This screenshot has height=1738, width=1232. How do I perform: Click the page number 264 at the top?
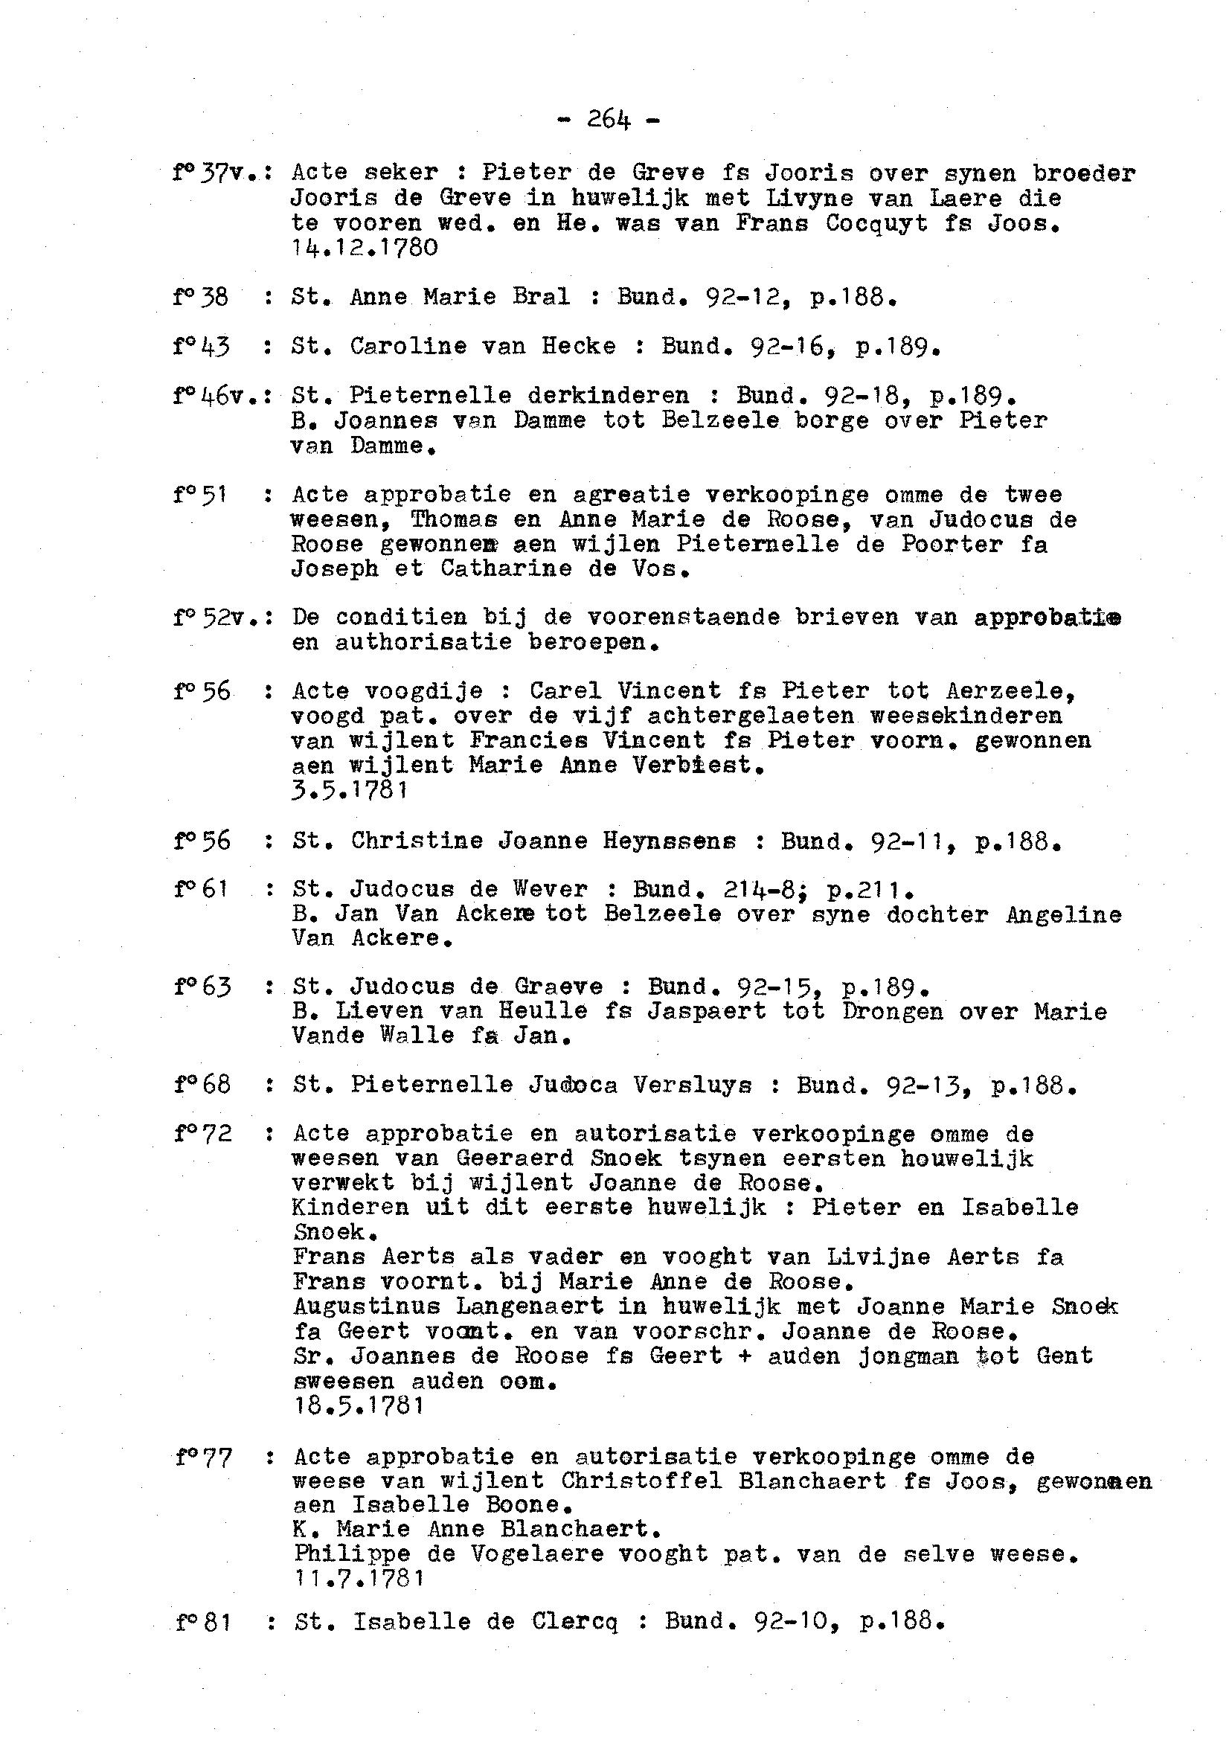pos(609,121)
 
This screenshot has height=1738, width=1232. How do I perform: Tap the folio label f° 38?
pos(200,297)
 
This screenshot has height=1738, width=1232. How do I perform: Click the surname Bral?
pos(541,297)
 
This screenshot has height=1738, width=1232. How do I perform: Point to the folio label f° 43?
pos(200,346)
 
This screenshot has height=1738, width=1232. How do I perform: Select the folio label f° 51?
pos(200,495)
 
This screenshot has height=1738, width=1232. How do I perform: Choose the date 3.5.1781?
pos(350,790)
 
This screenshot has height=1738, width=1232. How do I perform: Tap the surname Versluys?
pos(692,1086)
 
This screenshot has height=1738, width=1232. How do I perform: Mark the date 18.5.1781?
pos(358,1405)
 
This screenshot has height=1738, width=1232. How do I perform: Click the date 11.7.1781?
pos(358,1579)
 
